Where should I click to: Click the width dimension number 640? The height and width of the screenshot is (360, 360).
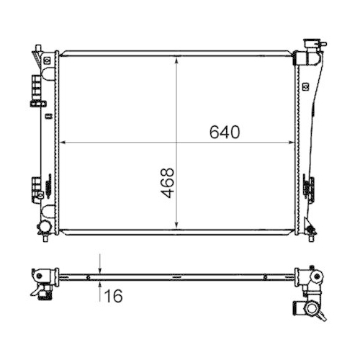(x=224, y=132)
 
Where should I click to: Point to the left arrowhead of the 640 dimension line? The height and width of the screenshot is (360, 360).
(x=61, y=143)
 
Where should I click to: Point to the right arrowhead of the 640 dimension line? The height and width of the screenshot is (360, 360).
(x=292, y=143)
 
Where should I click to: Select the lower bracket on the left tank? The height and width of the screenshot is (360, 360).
(x=37, y=189)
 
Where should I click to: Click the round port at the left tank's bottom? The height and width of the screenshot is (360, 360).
(x=45, y=227)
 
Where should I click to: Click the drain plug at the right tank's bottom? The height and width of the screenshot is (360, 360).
(x=312, y=230)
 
